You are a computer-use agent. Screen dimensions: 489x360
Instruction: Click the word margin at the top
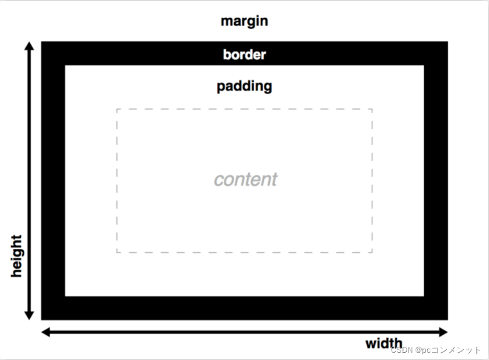click(x=244, y=22)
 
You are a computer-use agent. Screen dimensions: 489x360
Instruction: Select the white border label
click(x=244, y=54)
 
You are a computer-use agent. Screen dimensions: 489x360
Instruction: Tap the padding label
click(x=244, y=86)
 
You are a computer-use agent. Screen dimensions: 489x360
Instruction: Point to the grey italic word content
click(x=245, y=179)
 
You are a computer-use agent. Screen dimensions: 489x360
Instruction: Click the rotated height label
click(x=16, y=256)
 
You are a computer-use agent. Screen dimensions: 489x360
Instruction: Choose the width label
click(x=383, y=344)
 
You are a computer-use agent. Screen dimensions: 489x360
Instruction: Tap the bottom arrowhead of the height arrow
click(x=28, y=315)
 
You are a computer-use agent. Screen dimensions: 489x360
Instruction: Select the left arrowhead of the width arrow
click(x=45, y=332)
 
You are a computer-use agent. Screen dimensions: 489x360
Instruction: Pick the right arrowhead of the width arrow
click(x=444, y=332)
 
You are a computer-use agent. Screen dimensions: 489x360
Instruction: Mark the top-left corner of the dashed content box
click(x=117, y=110)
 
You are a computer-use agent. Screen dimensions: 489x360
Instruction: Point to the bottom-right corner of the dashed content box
click(x=372, y=252)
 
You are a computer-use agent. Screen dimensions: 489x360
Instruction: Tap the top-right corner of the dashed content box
click(x=372, y=110)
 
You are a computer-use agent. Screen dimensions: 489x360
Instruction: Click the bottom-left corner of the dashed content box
click(x=117, y=252)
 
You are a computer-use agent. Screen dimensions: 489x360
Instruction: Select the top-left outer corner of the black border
click(x=42, y=42)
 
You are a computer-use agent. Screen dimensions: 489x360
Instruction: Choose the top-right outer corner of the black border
click(x=447, y=42)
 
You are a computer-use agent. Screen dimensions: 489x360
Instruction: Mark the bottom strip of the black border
click(x=244, y=308)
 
